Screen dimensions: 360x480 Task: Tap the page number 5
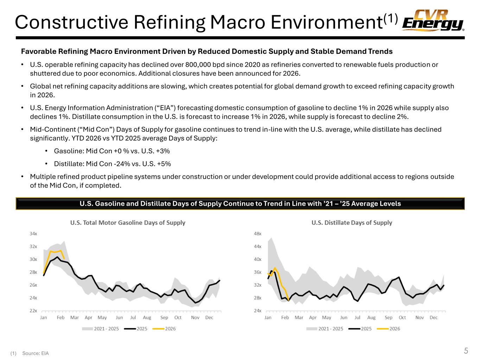pyautogui.click(x=466, y=351)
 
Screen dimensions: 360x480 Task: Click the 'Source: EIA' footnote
pyautogui.click(x=35, y=353)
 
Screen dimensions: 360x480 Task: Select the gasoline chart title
pyautogui.click(x=128, y=223)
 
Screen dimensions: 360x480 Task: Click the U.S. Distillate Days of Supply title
pyautogui.click(x=352, y=223)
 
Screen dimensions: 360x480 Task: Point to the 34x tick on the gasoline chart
pyautogui.click(x=33, y=234)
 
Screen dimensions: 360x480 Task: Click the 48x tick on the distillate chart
pyautogui.click(x=257, y=234)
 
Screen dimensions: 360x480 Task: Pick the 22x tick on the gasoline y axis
pyautogui.click(x=33, y=311)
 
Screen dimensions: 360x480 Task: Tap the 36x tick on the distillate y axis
pyautogui.click(x=257, y=272)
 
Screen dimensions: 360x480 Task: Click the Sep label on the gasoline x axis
pyautogui.click(x=164, y=317)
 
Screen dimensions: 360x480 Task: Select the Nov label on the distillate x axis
pyautogui.click(x=420, y=317)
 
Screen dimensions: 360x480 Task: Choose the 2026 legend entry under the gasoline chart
pyautogui.click(x=170, y=329)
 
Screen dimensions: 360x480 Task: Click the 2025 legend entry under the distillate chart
pyautogui.click(x=366, y=329)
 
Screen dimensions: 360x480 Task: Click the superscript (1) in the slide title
pyautogui.click(x=390, y=18)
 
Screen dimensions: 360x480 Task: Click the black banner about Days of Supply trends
pyautogui.click(x=240, y=204)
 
